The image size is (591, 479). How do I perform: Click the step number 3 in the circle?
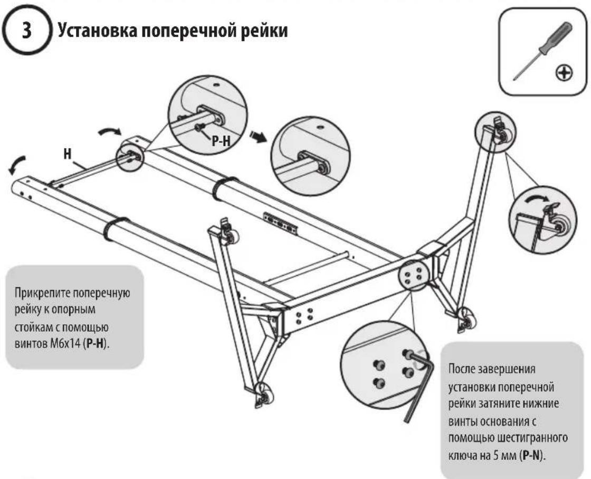tap(27, 30)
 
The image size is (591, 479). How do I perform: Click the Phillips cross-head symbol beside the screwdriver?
tap(564, 72)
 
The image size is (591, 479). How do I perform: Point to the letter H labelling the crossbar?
tap(67, 154)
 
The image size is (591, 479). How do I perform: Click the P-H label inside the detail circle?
tap(221, 140)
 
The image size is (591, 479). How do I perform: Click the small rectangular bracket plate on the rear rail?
tap(280, 224)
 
